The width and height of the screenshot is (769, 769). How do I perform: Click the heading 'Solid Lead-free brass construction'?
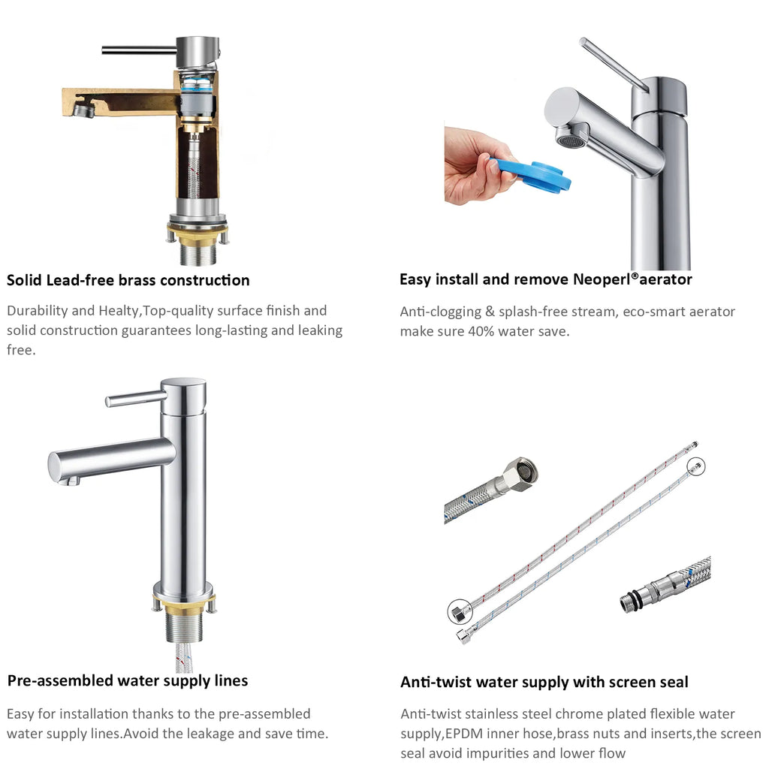coord(128,280)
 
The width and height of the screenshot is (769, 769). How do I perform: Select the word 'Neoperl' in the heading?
coord(602,279)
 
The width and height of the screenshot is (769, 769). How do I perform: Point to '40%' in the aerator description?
coord(481,331)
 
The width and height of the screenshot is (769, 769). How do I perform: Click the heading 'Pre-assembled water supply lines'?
coord(128,680)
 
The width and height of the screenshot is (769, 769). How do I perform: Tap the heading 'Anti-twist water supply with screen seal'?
coord(544,682)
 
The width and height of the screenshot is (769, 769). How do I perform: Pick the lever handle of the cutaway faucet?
coord(139,50)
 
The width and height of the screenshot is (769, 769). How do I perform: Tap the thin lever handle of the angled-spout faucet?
coord(614,65)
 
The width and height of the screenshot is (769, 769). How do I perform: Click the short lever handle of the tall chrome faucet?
coord(135,398)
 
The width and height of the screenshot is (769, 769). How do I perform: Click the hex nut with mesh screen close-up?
coord(522,472)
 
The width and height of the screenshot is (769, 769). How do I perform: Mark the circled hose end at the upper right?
coord(696,466)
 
